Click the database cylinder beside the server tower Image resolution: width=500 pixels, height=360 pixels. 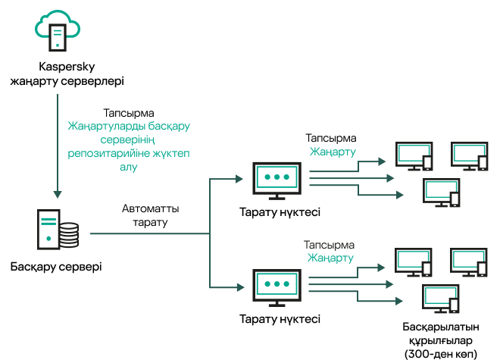tap(69, 235)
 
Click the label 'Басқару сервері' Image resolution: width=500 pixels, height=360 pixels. tap(56, 267)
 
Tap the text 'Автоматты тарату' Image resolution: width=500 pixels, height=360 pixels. tap(150, 215)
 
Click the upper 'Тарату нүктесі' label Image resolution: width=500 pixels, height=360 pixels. tap(279, 212)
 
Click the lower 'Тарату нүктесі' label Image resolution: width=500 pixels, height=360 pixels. tap(279, 319)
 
